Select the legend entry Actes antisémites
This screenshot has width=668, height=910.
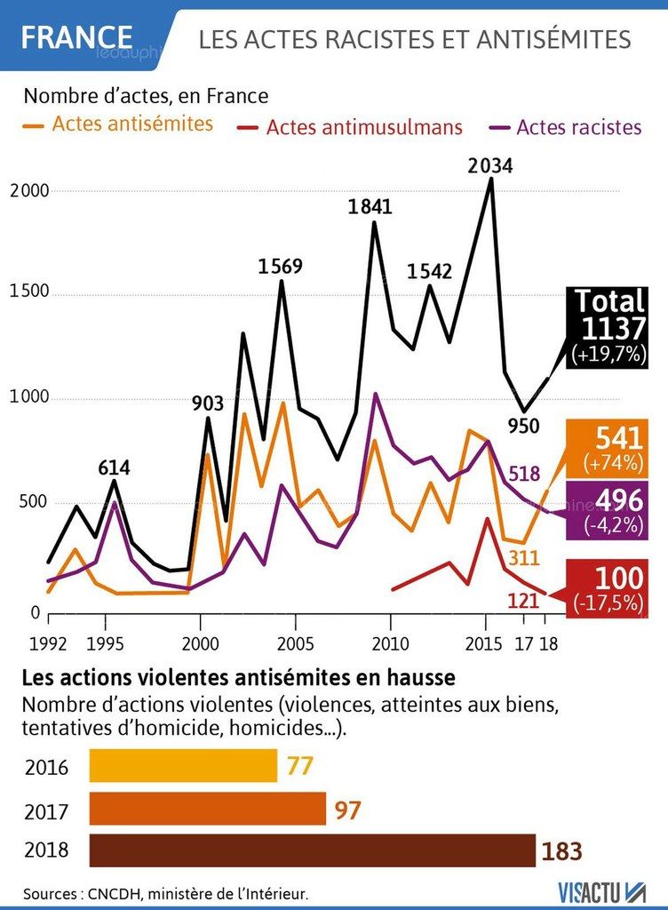pyautogui.click(x=118, y=124)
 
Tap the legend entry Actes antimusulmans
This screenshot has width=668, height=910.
pyautogui.click(x=350, y=127)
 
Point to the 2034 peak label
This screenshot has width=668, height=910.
pyautogui.click(x=490, y=166)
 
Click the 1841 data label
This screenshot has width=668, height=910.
pyautogui.click(x=370, y=206)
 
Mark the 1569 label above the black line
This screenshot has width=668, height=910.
pyautogui.click(x=281, y=267)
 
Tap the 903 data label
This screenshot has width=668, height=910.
pyautogui.click(x=208, y=403)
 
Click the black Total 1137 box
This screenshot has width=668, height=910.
pyautogui.click(x=608, y=327)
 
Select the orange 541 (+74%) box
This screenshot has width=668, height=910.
pyautogui.click(x=608, y=449)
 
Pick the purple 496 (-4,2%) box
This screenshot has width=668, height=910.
pyautogui.click(x=608, y=510)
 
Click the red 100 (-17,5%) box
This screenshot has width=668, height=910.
pyautogui.click(x=608, y=588)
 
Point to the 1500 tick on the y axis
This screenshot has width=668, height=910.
pyautogui.click(x=29, y=291)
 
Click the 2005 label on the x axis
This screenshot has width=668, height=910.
pyautogui.click(x=295, y=643)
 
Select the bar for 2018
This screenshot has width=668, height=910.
pyautogui.click(x=313, y=850)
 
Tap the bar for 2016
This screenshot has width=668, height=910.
pyautogui.click(x=183, y=765)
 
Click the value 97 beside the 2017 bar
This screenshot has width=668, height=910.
pyautogui.click(x=348, y=810)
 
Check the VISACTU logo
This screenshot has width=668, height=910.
pyautogui.click(x=602, y=891)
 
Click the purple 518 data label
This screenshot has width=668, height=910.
pyautogui.click(x=524, y=475)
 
